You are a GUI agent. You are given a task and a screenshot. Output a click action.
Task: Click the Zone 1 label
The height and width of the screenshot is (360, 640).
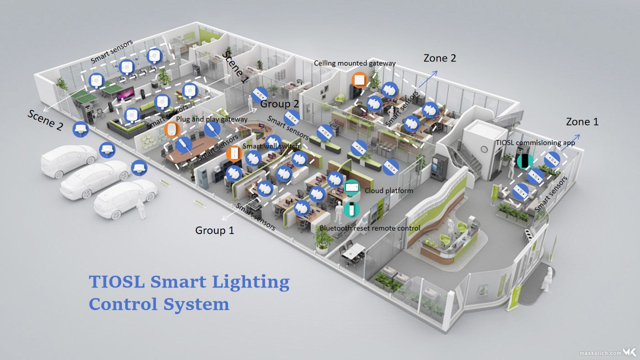(582, 121)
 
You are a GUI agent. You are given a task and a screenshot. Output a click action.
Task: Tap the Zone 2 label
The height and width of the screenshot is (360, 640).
(439, 58)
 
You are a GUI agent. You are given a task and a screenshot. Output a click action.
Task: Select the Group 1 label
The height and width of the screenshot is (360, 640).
(214, 230)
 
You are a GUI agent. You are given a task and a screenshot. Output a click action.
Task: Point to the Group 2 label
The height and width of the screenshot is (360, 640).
(279, 104)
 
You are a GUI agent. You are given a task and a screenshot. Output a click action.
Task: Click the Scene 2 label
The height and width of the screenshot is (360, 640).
(45, 120)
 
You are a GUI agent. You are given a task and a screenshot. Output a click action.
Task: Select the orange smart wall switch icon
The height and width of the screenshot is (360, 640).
(233, 153)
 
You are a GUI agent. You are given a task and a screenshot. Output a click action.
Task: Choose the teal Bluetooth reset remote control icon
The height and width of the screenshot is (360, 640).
(351, 209)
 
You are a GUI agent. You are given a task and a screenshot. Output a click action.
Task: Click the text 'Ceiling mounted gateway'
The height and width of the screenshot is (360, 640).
(354, 63)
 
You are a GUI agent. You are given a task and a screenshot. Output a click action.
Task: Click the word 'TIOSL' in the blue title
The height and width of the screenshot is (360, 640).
(117, 281)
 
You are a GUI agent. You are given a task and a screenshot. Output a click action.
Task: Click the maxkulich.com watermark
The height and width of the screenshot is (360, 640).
(599, 352)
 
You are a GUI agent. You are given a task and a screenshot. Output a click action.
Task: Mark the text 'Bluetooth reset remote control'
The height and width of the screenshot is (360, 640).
(369, 228)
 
